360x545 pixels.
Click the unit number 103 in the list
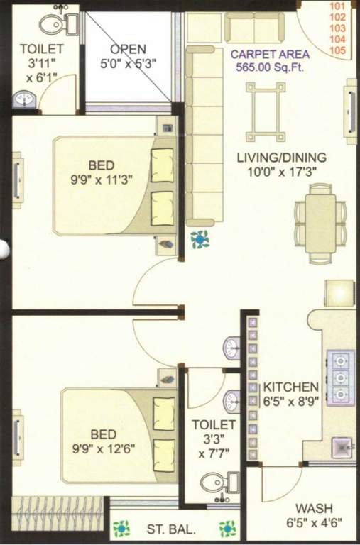coord(337,28)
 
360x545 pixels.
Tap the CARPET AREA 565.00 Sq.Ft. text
coord(270,61)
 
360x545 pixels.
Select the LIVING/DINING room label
coord(282,158)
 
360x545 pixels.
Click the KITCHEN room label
coord(291,387)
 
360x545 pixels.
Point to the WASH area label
coord(314,509)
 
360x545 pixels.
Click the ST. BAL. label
coord(171,529)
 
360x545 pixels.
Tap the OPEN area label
coord(128,50)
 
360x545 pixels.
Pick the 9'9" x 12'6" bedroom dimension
coord(103,448)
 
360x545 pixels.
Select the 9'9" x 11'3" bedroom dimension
coord(102,180)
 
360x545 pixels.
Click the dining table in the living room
coord(321,224)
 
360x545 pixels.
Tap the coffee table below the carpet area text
coord(266,111)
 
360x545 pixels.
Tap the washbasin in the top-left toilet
coord(24,100)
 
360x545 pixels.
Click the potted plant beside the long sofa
coord(200,239)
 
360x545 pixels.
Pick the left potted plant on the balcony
coord(121,529)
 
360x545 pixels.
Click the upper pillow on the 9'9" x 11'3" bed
coord(163,165)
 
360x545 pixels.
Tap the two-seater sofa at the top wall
coord(254,28)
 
